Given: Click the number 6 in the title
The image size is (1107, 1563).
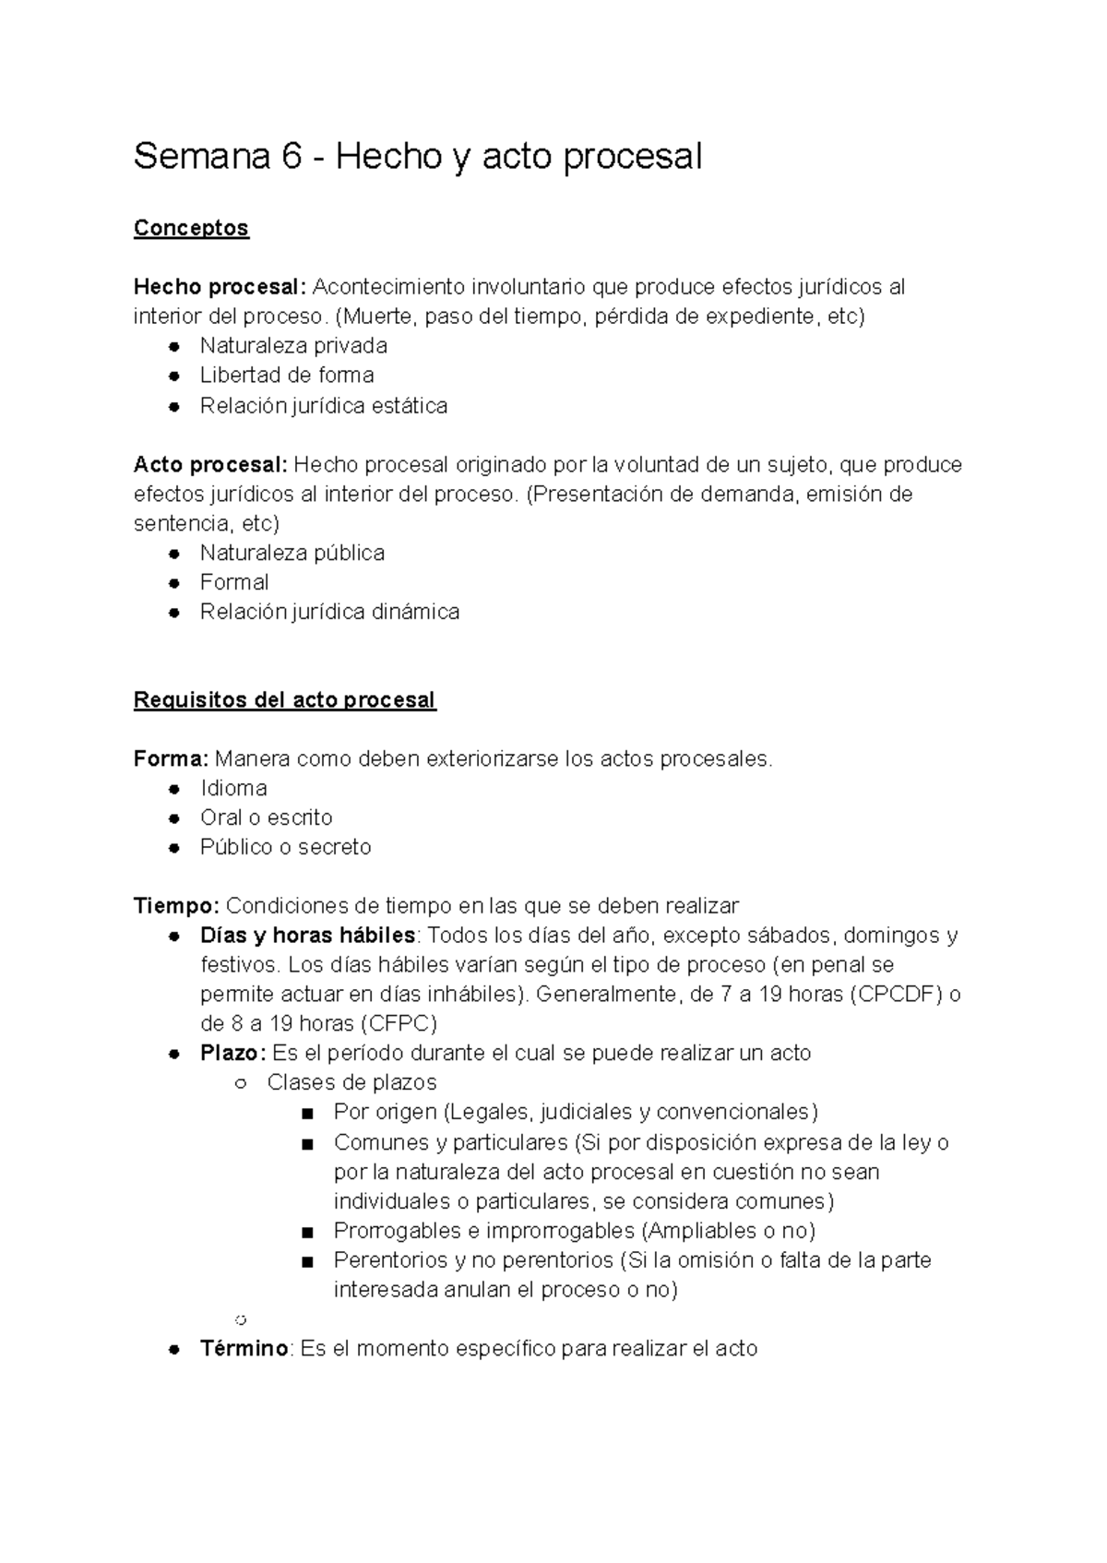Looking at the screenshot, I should [x=292, y=157].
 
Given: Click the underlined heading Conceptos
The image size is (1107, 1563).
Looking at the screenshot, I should [x=191, y=228].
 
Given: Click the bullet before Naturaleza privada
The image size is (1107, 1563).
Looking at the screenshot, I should [x=173, y=347].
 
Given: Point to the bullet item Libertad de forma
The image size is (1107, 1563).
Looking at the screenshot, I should [x=286, y=376].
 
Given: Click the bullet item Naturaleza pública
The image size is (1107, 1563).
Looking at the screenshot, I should [x=292, y=553].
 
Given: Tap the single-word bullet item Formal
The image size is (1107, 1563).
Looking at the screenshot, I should [x=234, y=582].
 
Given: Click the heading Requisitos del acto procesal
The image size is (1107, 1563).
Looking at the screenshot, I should [x=284, y=700].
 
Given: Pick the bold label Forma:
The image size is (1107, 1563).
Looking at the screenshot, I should [x=171, y=759].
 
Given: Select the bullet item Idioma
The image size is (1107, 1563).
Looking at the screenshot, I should [x=233, y=789].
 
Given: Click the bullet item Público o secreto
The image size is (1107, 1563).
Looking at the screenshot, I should [x=285, y=847].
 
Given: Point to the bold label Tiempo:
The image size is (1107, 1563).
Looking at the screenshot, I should [x=176, y=906].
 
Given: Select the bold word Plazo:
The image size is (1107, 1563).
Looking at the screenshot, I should [x=232, y=1054].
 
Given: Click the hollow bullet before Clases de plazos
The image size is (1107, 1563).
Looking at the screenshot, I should [x=240, y=1084].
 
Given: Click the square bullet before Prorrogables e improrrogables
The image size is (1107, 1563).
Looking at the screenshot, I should [x=308, y=1233].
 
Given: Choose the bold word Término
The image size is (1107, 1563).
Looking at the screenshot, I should [x=244, y=1349].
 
